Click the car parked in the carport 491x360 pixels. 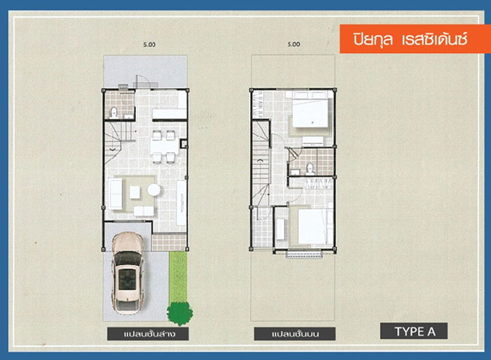pos(128,273)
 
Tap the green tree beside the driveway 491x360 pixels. pos(180,312)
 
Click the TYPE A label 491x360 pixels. pos(414,331)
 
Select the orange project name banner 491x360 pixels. pos(415,39)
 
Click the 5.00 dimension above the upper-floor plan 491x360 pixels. pos(294,44)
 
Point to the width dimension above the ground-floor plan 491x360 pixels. pos(149,44)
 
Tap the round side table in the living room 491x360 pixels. pos(153,190)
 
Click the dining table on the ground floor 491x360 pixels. pos(164,147)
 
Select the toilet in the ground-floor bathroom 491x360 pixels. pos(113,112)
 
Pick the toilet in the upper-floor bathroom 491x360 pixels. pos(310,169)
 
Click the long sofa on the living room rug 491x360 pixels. pos(115,194)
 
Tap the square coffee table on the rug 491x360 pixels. pos(134,192)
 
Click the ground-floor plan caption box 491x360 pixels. pos(148,333)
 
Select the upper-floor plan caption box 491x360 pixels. pos(295,333)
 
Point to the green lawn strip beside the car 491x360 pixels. pos(178,276)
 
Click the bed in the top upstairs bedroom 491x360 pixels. pos(310,109)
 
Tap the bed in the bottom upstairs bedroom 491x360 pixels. pos(312,226)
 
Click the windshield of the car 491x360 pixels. pos(128,258)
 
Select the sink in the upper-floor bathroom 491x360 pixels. pos(295,172)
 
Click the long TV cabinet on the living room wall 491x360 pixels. pos(181,202)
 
